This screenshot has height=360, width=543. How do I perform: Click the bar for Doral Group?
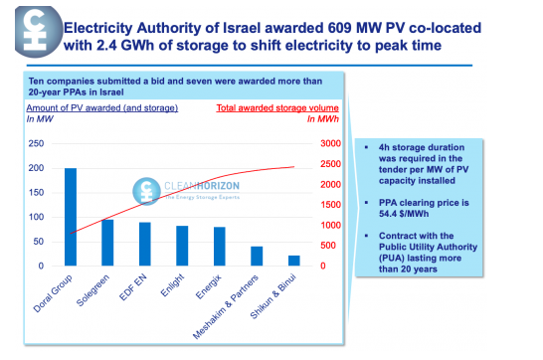[x=70, y=217]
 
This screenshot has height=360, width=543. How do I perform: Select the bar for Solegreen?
[x=106, y=243]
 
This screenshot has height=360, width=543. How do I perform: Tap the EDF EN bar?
[x=144, y=244]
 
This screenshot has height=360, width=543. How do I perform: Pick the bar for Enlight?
[x=182, y=246]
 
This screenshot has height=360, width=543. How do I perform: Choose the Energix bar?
[x=219, y=247]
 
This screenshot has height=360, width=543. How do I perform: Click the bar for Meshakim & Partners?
[x=257, y=256]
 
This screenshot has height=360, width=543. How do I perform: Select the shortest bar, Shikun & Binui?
[x=293, y=261]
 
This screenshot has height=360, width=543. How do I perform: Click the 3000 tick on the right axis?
[x=329, y=143]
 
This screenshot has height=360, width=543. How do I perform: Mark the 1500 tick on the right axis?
[x=329, y=205]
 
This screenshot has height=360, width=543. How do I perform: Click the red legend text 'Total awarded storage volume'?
[x=270, y=106]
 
